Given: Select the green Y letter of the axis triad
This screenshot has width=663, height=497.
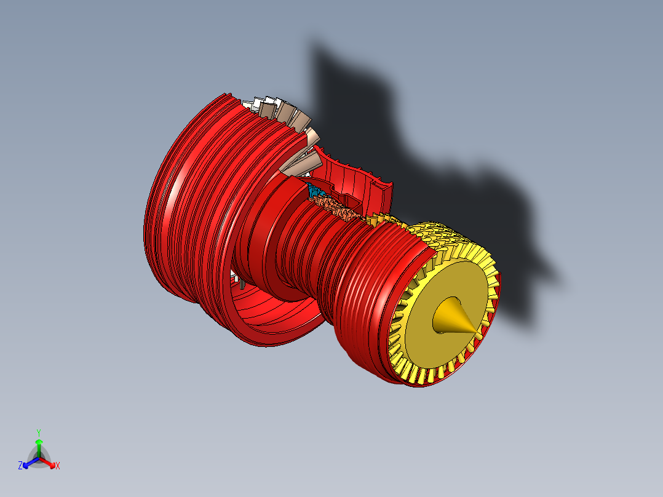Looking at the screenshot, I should point(38,432).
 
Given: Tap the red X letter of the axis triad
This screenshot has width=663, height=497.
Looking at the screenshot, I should point(58,466).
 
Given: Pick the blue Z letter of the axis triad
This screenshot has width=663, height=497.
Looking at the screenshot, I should point(20,466).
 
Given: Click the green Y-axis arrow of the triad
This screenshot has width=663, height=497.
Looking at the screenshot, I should point(38,445).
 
